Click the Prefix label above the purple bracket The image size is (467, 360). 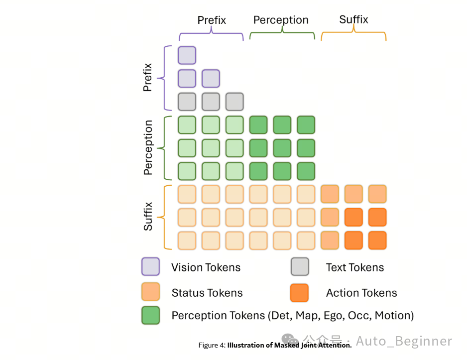212,20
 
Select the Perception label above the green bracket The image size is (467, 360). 281,20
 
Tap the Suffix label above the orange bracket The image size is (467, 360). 353,19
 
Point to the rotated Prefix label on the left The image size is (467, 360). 148,77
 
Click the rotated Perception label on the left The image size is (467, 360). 148,147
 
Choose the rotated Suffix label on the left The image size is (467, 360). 148,217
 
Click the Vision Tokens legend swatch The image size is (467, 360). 150,266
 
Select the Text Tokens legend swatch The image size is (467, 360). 300,266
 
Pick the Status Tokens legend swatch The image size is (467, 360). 150,292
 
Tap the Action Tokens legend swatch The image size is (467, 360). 299,293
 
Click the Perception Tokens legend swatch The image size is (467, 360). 150,315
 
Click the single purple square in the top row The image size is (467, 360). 187,55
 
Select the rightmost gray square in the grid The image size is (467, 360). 234,102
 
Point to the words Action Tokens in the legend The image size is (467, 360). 361,293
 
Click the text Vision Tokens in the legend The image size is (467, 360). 206,267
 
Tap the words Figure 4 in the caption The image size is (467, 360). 212,345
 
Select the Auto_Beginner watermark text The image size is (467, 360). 404,341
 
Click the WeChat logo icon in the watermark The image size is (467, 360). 290,340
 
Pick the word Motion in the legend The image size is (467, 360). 394,316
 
